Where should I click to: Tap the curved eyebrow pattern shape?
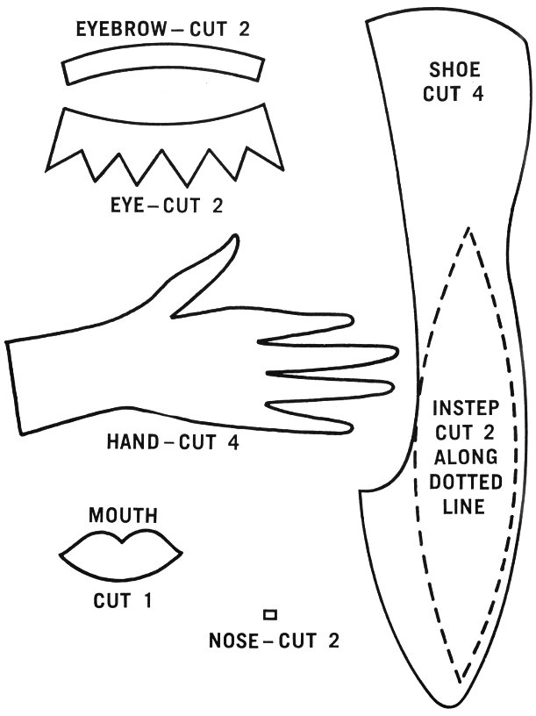tap(164, 67)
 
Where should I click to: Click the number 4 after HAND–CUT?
tap(233, 441)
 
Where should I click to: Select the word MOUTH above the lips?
tap(122, 515)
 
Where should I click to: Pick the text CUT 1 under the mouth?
tap(123, 601)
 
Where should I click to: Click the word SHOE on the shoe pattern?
tap(454, 70)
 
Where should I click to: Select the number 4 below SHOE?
tap(478, 94)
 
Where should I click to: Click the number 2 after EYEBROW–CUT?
tap(243, 29)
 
